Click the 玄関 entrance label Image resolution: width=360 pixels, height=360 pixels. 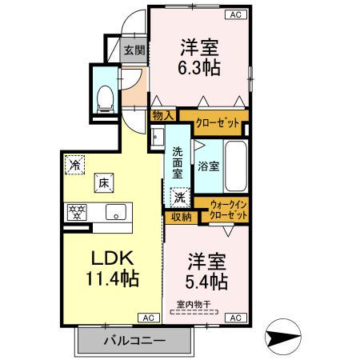click(x=134, y=50)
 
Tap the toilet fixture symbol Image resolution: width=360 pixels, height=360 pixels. click(x=103, y=97)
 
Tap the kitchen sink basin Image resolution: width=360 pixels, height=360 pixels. click(x=115, y=213)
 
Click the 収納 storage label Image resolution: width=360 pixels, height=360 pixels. click(x=180, y=216)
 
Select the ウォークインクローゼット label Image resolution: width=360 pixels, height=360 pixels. click(x=227, y=212)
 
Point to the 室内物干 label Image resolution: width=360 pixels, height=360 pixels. click(x=194, y=305)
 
